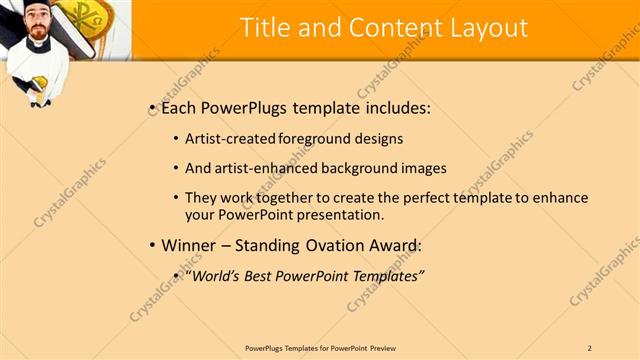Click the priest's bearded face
click(36, 25)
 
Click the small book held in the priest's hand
click(41, 97)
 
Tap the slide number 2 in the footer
click(590, 348)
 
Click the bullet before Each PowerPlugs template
click(151, 107)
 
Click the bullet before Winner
click(151, 245)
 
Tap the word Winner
click(188, 245)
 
